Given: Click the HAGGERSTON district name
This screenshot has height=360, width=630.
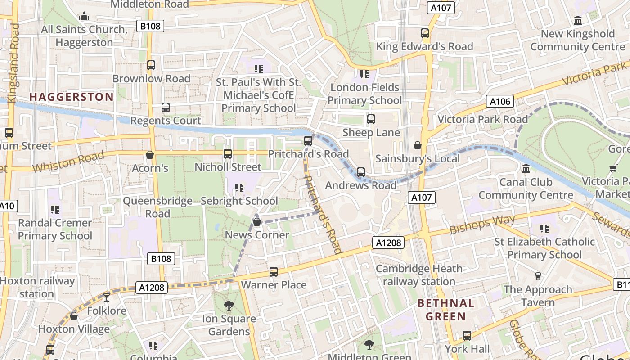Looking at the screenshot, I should click(72, 97).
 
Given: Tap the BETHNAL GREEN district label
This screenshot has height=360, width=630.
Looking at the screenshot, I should click(445, 310).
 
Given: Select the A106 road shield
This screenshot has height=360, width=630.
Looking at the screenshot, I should click(500, 101).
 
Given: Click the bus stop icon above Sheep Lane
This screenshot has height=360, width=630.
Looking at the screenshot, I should click(371, 119).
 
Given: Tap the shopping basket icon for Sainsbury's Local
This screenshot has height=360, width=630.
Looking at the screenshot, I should click(417, 145).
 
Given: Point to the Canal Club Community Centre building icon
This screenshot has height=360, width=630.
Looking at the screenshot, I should click(526, 169).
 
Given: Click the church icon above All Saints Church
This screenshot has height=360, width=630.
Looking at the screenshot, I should click(84, 17).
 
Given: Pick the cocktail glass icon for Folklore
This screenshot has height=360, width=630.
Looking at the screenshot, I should click(106, 297).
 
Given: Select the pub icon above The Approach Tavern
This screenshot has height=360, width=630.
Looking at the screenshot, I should click(538, 276).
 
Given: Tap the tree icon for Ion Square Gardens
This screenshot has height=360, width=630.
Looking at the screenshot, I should click(229, 305).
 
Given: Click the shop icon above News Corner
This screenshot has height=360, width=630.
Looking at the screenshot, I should click(256, 221).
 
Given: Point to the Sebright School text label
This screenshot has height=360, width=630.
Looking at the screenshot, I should click(239, 201).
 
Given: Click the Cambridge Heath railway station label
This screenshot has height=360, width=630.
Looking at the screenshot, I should click(419, 275).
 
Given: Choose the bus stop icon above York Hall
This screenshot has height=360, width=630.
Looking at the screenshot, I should click(467, 336).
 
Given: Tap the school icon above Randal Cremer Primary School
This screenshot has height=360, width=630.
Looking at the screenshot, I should click(55, 209).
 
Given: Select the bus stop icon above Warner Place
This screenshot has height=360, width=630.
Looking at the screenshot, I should click(273, 272).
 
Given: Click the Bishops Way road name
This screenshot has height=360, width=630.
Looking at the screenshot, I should click(482, 224).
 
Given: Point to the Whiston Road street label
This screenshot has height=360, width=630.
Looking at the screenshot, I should click(68, 162).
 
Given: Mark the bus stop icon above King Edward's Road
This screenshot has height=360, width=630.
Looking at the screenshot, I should click(424, 33).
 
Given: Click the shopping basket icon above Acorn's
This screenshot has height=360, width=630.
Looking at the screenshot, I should click(150, 155).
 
